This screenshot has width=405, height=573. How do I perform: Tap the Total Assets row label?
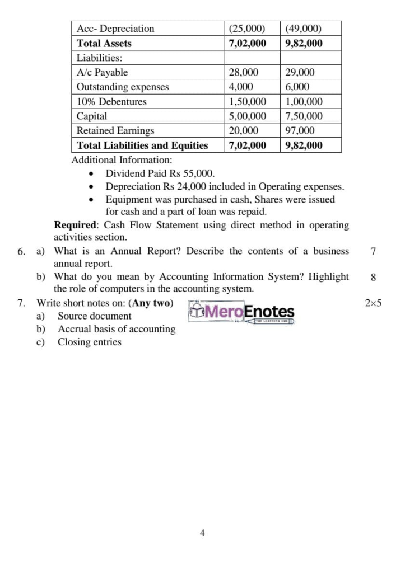(104, 43)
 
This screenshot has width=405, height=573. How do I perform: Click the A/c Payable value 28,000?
(244, 72)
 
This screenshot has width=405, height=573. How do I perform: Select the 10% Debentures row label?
(111, 102)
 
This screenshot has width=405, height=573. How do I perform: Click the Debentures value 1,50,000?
(248, 102)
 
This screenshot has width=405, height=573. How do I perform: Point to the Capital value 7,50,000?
(304, 116)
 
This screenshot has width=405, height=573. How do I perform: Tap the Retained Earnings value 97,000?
(300, 130)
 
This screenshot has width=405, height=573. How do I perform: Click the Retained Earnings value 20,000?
(244, 130)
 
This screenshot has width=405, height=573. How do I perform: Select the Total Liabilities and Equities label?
(142, 145)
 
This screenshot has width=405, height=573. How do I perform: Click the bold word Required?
(75, 225)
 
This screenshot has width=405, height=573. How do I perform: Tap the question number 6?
(21, 251)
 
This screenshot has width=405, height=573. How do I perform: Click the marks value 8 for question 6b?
(373, 277)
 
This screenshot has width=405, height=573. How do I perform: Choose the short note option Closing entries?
(89, 342)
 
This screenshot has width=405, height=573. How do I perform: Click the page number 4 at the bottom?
(202, 533)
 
